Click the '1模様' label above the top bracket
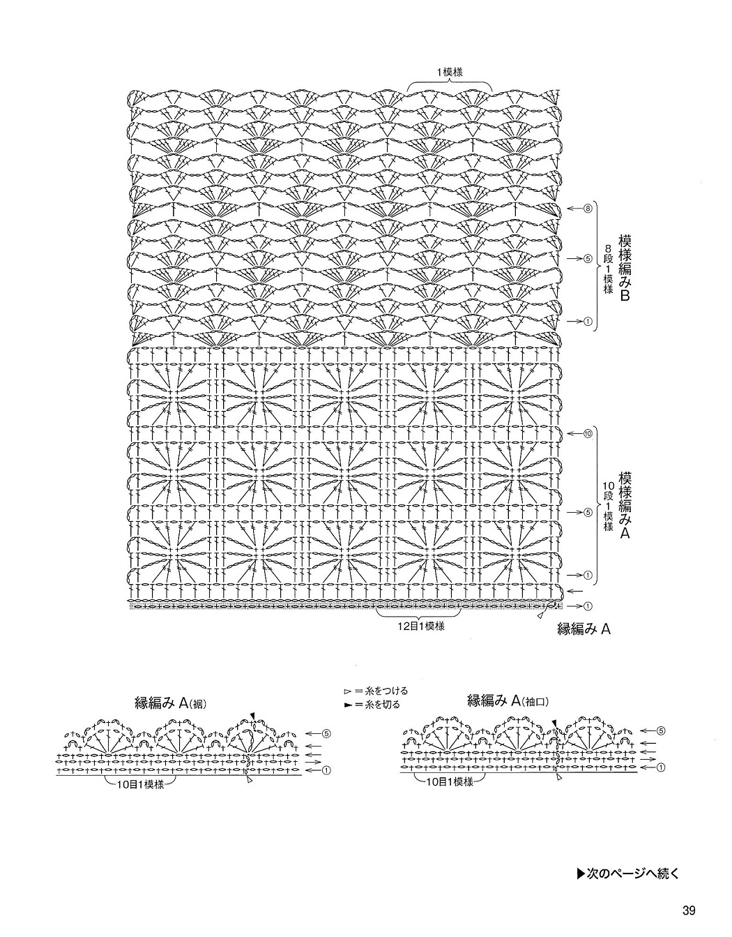(450, 73)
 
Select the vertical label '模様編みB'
(625, 267)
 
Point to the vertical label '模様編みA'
(625, 506)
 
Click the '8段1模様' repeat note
(608, 269)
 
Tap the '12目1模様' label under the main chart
(421, 626)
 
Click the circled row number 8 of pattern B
(588, 209)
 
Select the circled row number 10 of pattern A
(588, 433)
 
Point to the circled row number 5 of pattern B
(588, 259)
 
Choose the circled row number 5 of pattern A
(588, 512)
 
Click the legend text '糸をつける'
(386, 691)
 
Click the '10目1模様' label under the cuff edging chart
(450, 781)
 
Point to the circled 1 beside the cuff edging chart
(662, 767)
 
